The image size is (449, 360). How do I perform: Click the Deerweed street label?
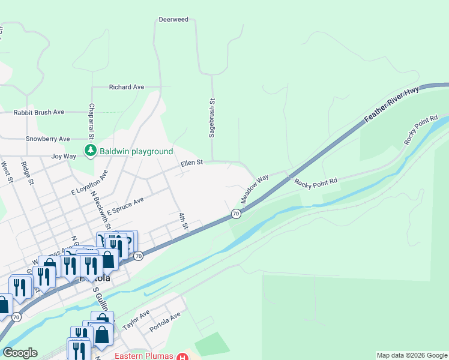[173, 20]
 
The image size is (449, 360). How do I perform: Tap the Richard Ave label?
[127, 87]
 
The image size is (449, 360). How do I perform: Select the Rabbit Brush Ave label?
[39, 112]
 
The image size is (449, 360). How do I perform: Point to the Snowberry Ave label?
[48, 139]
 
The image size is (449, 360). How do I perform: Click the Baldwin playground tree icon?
[90, 150]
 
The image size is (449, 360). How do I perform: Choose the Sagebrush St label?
[211, 119]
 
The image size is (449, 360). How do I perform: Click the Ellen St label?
[192, 163]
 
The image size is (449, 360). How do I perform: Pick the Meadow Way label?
[255, 188]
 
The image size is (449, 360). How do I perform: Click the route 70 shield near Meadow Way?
[236, 214]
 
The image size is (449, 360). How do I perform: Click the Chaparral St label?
[92, 118]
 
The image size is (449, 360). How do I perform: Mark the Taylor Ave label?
[136, 320]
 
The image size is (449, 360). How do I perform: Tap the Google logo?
[20, 353]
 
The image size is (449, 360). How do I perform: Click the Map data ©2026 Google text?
[411, 355]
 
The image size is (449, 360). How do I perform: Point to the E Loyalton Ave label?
[89, 183]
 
